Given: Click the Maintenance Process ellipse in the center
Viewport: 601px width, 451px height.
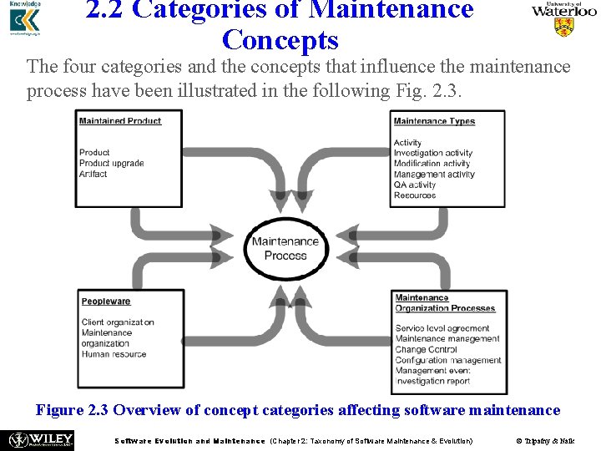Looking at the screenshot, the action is [285, 249].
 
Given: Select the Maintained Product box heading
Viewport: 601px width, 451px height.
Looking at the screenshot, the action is [120, 121].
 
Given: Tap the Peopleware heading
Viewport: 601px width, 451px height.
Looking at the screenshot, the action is [106, 302].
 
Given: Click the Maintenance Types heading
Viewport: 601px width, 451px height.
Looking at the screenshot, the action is [434, 121].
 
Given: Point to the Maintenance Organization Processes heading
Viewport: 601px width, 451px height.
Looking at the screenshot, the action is [445, 303].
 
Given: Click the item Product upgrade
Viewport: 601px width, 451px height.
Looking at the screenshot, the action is [112, 164].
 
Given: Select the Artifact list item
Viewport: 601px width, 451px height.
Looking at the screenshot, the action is [93, 175].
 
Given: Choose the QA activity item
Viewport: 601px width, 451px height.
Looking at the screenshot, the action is [415, 185].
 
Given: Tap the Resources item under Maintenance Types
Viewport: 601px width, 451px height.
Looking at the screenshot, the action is [415, 195].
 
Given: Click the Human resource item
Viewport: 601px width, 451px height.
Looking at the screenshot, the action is [114, 354].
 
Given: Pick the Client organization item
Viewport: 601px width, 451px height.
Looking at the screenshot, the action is [118, 322].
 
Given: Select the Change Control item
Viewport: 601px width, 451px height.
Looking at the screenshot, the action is [426, 350].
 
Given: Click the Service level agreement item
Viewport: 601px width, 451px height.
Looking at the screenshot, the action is [442, 328].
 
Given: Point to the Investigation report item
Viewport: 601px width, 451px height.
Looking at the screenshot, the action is [433, 382].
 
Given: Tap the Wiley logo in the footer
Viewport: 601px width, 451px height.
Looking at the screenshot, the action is [40, 440].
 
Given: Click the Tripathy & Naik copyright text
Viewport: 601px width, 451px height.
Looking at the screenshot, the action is [544, 441].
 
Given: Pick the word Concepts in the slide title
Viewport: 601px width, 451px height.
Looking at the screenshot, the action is [280, 39].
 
